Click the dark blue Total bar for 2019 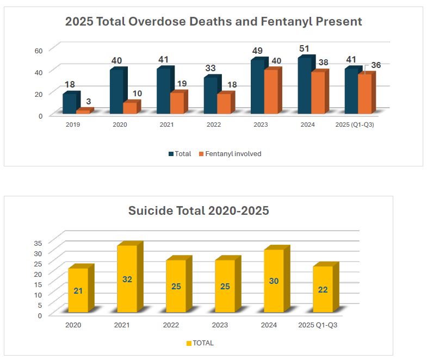pyautogui.click(x=70, y=104)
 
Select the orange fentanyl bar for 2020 pyautogui.click(x=129, y=108)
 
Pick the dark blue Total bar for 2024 pyautogui.click(x=305, y=86)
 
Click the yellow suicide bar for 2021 pyautogui.click(x=127, y=279)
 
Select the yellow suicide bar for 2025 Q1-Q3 pyautogui.click(x=322, y=289)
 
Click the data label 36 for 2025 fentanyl pyautogui.click(x=375, y=65)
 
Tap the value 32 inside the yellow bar pyautogui.click(x=127, y=280)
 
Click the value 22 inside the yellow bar pyautogui.click(x=323, y=290)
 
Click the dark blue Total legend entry pyautogui.click(x=180, y=154)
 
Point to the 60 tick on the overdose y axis pyautogui.click(x=39, y=51)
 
